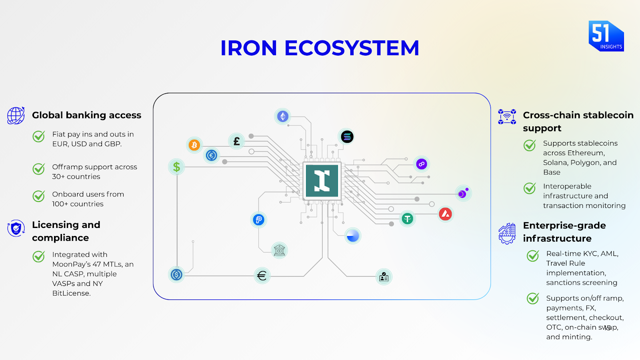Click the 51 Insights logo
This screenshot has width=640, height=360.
(x=606, y=36)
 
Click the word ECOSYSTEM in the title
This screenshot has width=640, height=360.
(x=352, y=48)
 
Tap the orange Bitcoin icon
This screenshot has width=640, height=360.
(x=194, y=145)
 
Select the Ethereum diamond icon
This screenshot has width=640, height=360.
(x=283, y=116)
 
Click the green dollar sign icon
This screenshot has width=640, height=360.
(x=176, y=167)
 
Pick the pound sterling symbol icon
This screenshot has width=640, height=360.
(x=236, y=141)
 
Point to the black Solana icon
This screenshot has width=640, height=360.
(x=347, y=137)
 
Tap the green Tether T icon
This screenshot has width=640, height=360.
(x=407, y=219)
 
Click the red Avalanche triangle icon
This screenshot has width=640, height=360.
(x=446, y=214)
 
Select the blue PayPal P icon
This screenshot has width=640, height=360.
(x=258, y=220)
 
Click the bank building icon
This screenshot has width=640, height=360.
(x=279, y=251)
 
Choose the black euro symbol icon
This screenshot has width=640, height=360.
(x=262, y=276)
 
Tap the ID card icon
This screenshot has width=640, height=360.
(x=384, y=277)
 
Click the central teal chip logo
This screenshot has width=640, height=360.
(x=322, y=181)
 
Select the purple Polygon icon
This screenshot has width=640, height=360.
(x=422, y=164)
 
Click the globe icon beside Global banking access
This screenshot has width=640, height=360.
(x=16, y=116)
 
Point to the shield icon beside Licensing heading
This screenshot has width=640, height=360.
(x=16, y=228)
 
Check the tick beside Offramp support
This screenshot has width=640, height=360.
(x=39, y=169)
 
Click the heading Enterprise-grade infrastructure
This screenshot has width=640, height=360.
(x=564, y=232)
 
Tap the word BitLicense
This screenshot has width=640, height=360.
(x=71, y=293)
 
